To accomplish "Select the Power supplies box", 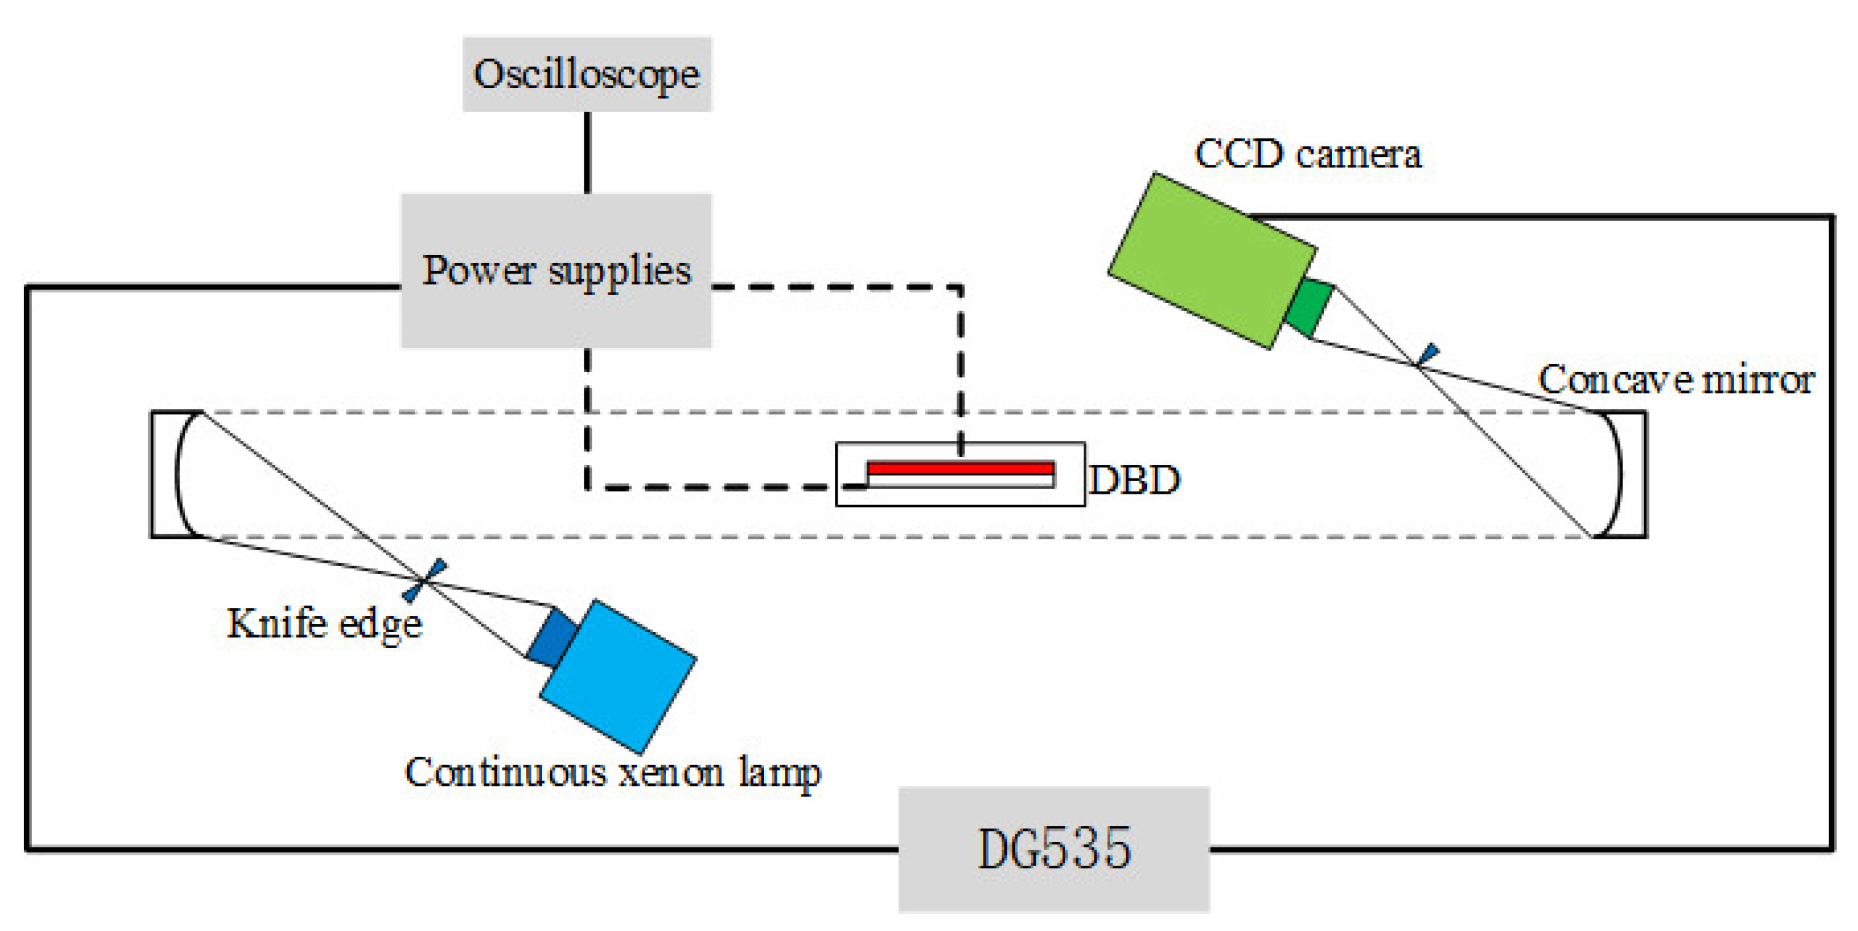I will tap(556, 271).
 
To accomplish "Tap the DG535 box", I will tap(1053, 849).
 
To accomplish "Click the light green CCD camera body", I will tap(1212, 259).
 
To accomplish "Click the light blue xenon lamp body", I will tap(619, 676).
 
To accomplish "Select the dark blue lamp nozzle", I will tap(552, 637).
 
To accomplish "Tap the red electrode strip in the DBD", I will tap(960, 468).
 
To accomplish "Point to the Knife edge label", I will tap(324, 623).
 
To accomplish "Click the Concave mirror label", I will tap(1675, 379).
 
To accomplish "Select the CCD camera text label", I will tap(1308, 154).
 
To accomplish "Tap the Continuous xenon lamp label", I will tap(613, 772).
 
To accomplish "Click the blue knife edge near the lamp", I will tap(426, 579).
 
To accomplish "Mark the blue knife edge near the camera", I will tap(1427, 354).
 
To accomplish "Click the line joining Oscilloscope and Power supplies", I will tap(587, 152).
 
